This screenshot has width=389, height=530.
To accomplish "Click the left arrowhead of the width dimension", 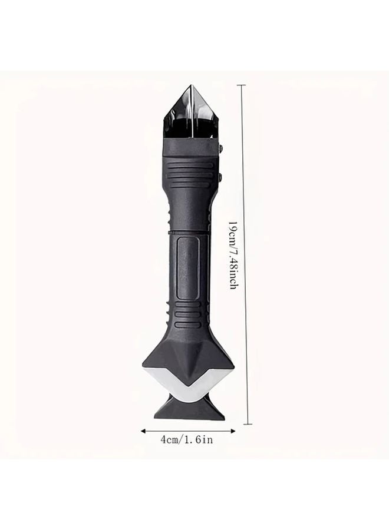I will tap(143, 431).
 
